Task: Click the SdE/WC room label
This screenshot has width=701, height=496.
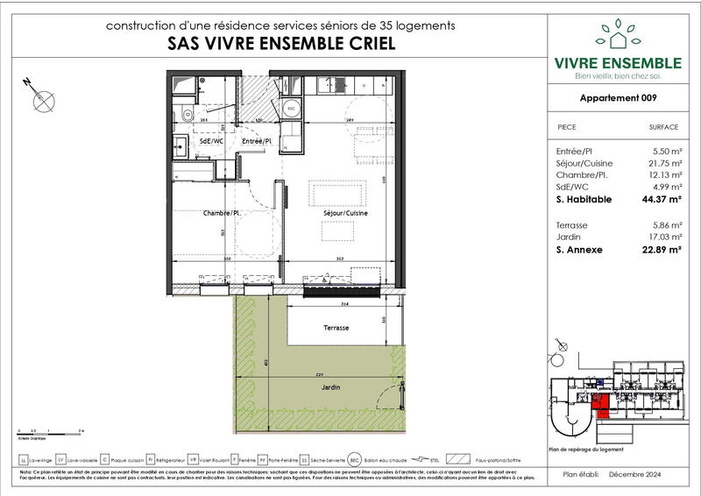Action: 192,140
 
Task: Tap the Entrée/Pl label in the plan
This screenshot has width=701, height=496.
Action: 257,140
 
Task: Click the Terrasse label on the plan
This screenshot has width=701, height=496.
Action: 336,327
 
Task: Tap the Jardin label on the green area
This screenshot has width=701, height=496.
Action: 330,387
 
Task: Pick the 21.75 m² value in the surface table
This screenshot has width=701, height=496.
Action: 662,163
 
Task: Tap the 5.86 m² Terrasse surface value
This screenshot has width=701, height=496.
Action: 662,224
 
